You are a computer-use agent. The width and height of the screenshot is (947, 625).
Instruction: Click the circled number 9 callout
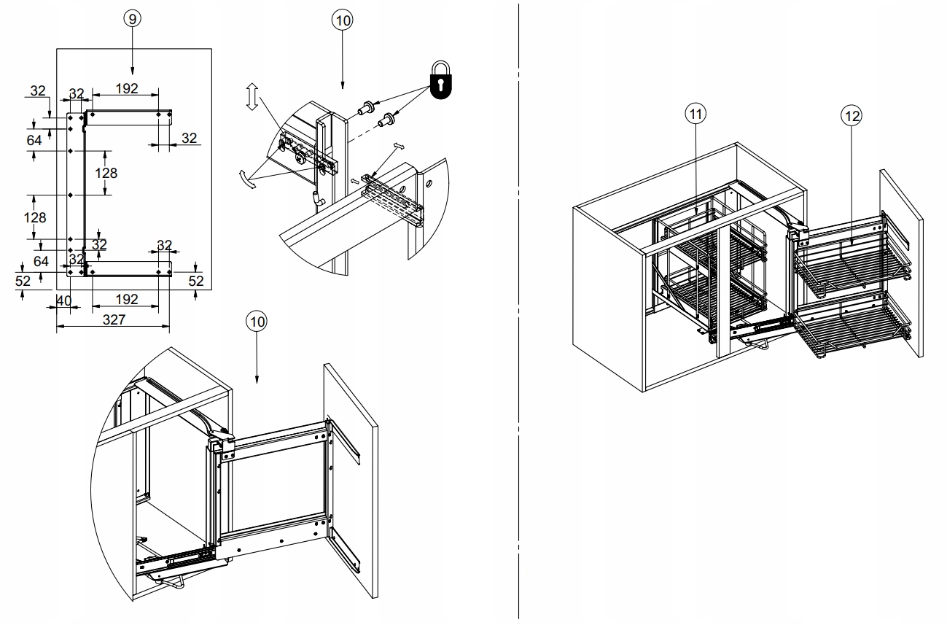pyautogui.click(x=131, y=19)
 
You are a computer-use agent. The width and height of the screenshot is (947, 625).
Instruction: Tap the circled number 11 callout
pyautogui.click(x=695, y=114)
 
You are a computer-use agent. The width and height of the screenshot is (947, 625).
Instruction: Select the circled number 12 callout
pyautogui.click(x=850, y=115)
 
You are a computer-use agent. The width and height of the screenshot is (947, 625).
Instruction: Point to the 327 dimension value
pyautogui.click(x=113, y=319)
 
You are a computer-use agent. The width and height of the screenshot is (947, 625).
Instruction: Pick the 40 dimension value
pyautogui.click(x=63, y=300)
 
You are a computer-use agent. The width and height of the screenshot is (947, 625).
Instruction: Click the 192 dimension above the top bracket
pyautogui.click(x=127, y=89)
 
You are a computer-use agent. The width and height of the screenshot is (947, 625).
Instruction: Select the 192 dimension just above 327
pyautogui.click(x=127, y=299)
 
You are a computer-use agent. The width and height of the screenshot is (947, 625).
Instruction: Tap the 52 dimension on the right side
pyautogui.click(x=196, y=281)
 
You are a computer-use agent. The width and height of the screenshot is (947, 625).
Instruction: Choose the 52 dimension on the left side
pyautogui.click(x=23, y=281)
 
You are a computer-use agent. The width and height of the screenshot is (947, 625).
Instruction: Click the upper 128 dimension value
pyautogui.click(x=106, y=173)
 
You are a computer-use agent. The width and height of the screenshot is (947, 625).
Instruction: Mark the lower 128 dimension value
pyautogui.click(x=34, y=217)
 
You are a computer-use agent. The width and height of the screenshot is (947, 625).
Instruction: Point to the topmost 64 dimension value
pyautogui.click(x=34, y=140)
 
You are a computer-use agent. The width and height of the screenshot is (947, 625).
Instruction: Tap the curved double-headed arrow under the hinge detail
pyautogui.click(x=247, y=179)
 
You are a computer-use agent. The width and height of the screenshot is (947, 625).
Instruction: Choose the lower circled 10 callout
pyautogui.click(x=257, y=321)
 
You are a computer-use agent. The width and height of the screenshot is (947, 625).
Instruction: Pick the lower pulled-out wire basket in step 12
pyautogui.click(x=853, y=328)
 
